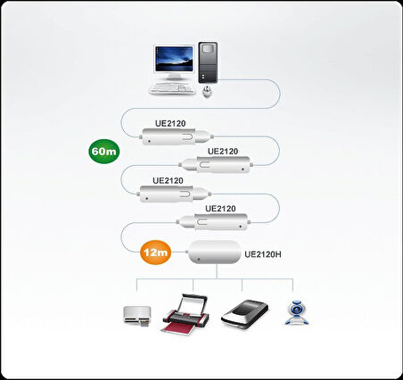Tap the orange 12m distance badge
pyautogui.click(x=155, y=253)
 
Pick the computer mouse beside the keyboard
pyautogui.click(x=208, y=91)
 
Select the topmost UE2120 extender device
pyautogui.click(x=177, y=136)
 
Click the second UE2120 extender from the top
pyautogui.click(x=217, y=164)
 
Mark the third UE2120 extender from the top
pyautogui.click(x=173, y=193)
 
